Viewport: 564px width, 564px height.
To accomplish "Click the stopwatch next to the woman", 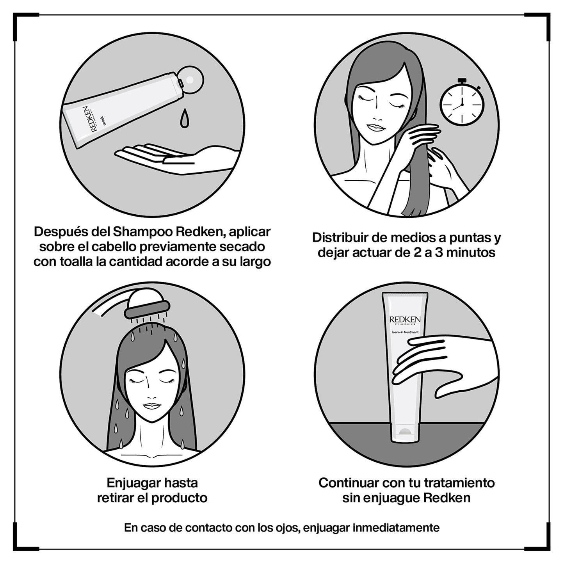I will (462, 104).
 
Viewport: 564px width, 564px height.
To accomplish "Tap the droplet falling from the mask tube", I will (184, 118).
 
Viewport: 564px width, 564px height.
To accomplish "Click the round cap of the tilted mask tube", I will (190, 79).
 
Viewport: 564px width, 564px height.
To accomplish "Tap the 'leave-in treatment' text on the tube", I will (405, 332).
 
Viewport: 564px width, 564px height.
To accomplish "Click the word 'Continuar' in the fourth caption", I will (349, 483).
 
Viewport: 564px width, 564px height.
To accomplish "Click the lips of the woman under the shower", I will (152, 406).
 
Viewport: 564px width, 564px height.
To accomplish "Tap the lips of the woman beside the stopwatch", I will (376, 128).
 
